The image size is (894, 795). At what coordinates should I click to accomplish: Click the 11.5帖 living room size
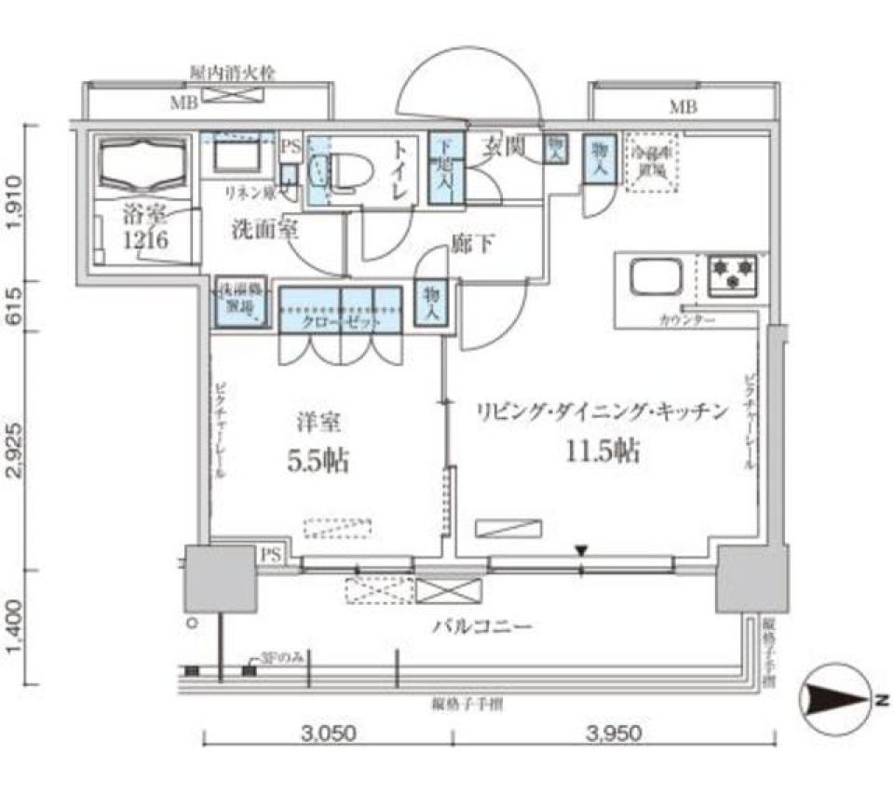pyautogui.click(x=601, y=451)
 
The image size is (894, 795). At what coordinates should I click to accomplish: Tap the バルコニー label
pyautogui.click(x=481, y=626)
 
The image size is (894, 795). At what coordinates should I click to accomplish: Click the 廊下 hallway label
pyautogui.click(x=472, y=244)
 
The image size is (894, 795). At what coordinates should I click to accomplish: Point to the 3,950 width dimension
pyautogui.click(x=614, y=734)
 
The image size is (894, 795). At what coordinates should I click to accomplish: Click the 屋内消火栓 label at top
pyautogui.click(x=231, y=72)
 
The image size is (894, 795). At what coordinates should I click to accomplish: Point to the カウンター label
pyautogui.click(x=687, y=320)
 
